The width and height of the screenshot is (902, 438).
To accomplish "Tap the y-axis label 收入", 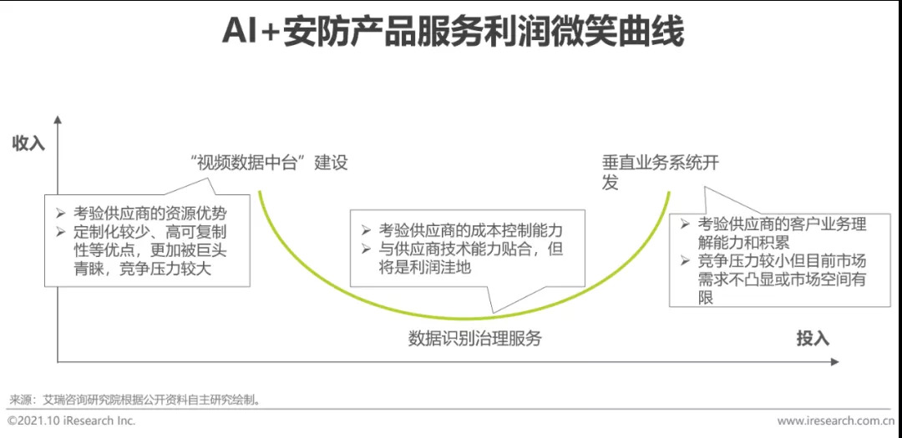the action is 28,143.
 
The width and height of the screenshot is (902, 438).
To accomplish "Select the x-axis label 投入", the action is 812,338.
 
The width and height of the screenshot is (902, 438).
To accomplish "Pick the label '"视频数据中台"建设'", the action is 269,163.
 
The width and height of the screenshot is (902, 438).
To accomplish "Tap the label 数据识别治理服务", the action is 474,338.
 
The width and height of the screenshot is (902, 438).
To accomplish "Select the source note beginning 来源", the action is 134,400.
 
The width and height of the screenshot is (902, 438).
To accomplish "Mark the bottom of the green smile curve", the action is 464,318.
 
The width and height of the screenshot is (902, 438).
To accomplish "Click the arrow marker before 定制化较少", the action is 60,231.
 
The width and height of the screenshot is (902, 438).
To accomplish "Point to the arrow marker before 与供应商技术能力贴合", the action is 366,249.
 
